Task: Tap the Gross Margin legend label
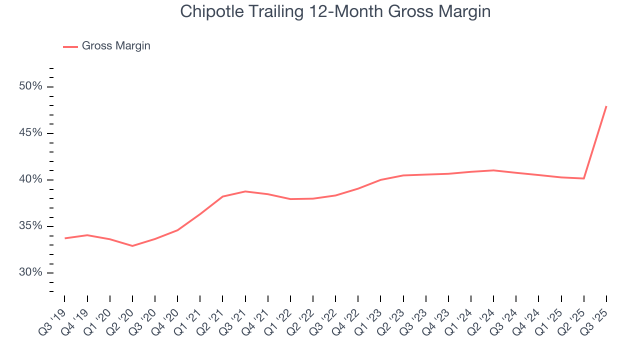[116, 46]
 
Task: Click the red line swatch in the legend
[70, 46]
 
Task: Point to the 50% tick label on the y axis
[30, 86]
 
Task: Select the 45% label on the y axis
[30, 133]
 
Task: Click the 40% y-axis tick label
[30, 179]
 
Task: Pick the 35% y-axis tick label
[30, 226]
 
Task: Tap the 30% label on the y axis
[30, 272]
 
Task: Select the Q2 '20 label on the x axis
[121, 317]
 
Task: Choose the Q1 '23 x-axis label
[370, 317]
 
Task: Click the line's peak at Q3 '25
[606, 106]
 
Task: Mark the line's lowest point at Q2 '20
[132, 246]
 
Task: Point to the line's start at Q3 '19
[65, 238]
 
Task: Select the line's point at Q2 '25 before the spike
[584, 178]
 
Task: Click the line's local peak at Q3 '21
[245, 191]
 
